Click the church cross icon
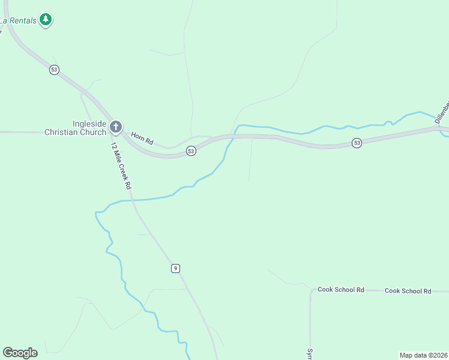(x=116, y=127)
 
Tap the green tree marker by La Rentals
(x=46, y=20)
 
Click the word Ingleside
(x=89, y=124)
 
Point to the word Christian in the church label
(x=62, y=132)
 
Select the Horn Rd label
(x=142, y=139)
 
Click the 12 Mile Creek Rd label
(x=121, y=166)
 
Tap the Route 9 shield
(x=175, y=268)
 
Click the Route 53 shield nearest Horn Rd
(x=190, y=151)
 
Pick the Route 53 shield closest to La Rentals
(x=54, y=70)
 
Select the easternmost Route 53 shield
(x=357, y=143)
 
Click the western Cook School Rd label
(x=341, y=290)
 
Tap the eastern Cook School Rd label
(x=408, y=291)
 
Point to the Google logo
(x=20, y=353)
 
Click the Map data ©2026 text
(x=423, y=355)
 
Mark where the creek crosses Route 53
(x=232, y=137)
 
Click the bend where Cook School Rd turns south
(x=312, y=292)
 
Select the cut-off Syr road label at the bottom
(x=310, y=353)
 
